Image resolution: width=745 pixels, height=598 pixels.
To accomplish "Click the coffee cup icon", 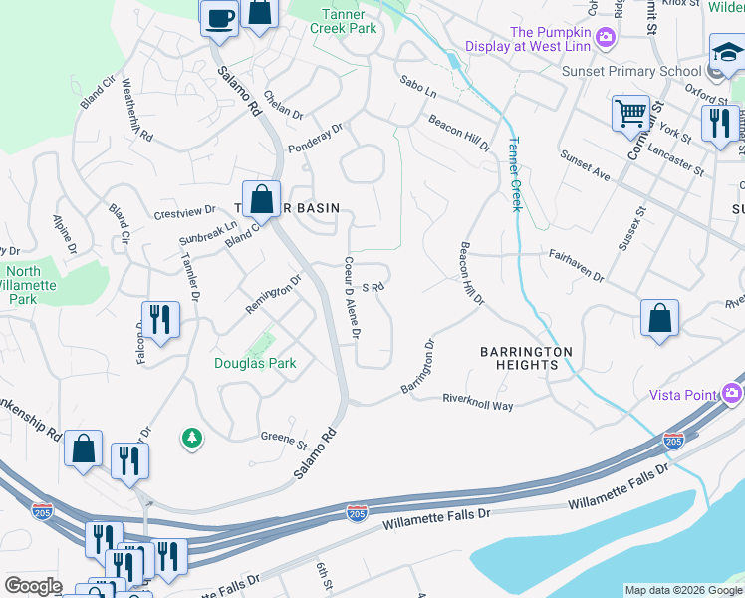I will [x=220, y=17].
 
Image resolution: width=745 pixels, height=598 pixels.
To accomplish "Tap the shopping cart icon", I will [x=630, y=114].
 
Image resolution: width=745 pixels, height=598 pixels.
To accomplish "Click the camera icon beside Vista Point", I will [x=734, y=395].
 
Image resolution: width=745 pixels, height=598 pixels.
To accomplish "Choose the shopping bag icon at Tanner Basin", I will [x=262, y=198].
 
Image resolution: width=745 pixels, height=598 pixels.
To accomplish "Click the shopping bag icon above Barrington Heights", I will [x=659, y=319].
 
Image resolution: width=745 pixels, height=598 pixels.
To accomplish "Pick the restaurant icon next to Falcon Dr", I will [x=160, y=320].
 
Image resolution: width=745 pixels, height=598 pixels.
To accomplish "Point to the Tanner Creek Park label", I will [x=350, y=20].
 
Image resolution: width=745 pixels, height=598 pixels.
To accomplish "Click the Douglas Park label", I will [x=255, y=364].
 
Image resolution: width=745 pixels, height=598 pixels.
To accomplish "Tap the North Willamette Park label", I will [x=38, y=285].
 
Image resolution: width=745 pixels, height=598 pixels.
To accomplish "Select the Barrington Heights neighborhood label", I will [x=526, y=359].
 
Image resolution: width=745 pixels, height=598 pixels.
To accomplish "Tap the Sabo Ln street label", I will [x=418, y=87].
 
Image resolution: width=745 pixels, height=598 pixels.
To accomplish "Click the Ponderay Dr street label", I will [x=315, y=135].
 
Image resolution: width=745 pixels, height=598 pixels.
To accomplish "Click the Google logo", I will [x=33, y=586].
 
